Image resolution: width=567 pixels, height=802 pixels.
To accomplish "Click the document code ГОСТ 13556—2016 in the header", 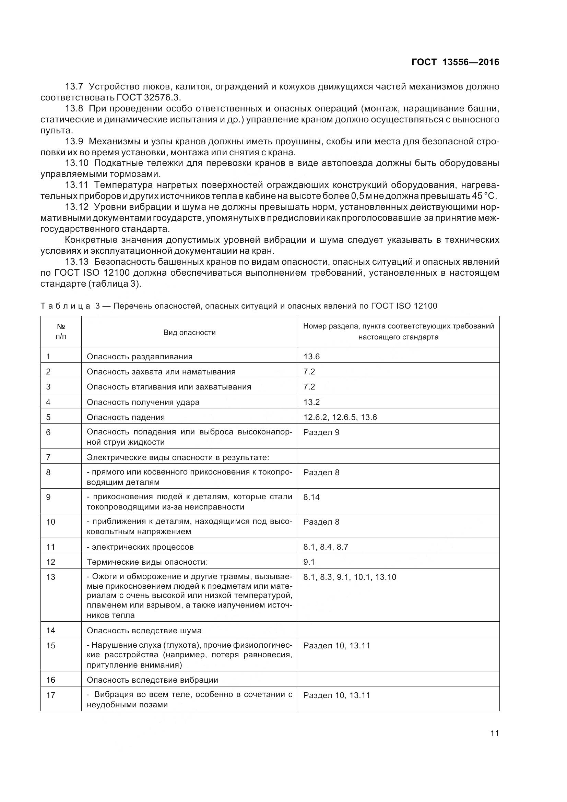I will coord(455,62).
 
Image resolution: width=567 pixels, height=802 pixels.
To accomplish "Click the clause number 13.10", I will coord(76,163).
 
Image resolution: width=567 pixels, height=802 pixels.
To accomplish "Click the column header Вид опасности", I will coord(189,333).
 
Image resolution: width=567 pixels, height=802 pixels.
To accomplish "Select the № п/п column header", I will coord(61,332).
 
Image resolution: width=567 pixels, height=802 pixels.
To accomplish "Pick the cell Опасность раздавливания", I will coord(139,357).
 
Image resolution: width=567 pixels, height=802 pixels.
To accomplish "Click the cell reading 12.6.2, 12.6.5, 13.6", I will coord(340,417).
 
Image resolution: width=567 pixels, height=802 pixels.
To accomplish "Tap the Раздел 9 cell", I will coord(321,432).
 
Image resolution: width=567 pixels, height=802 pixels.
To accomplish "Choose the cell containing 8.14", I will coord(311,497).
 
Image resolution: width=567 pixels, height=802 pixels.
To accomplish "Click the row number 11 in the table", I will coord(51,547).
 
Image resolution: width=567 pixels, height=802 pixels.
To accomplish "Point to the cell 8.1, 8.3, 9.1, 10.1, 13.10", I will coord(349,577).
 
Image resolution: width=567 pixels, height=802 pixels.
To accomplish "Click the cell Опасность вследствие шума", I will coord(144,631).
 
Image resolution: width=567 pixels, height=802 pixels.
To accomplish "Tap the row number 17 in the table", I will coord(51,695).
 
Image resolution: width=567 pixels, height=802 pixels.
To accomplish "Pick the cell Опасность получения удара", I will coord(143,403).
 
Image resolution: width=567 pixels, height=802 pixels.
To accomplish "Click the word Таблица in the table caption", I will coord(65,306).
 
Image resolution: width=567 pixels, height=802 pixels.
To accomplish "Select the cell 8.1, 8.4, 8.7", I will coord(326,547).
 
